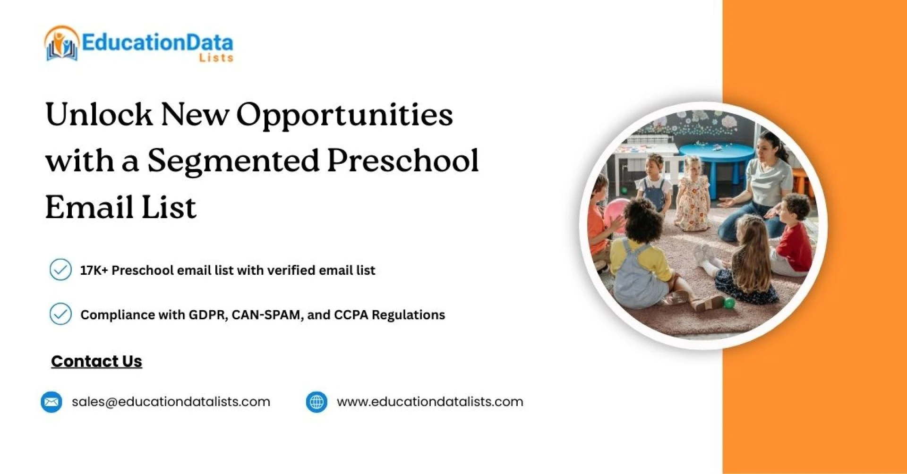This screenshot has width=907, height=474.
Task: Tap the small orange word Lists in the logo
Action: [216, 58]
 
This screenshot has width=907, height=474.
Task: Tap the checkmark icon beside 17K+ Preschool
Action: [60, 270]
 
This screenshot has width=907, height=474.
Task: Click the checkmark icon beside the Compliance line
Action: [60, 314]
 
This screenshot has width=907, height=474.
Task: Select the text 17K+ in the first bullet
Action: [94, 270]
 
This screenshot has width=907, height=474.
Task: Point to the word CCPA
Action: [351, 315]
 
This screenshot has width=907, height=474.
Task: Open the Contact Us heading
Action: [96, 361]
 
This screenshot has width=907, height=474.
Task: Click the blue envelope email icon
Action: [51, 402]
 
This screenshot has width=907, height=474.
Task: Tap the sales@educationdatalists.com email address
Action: [171, 402]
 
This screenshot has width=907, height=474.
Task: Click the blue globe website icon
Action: [317, 402]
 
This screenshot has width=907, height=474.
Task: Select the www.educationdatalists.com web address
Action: [430, 402]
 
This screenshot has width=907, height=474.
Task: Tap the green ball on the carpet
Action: [729, 304]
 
